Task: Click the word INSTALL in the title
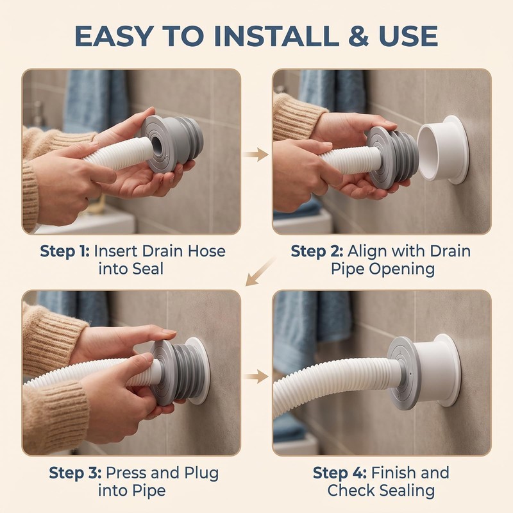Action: coord(277,36)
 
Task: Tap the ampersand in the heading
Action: coord(358,36)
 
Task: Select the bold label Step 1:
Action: coord(65,251)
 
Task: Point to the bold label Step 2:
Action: coord(317,251)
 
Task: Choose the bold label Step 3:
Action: coord(75,473)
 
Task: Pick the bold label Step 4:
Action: coord(340,473)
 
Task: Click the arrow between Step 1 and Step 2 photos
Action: coord(255,154)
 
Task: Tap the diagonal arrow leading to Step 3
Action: coord(260,272)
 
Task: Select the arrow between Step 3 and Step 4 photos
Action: coord(255,376)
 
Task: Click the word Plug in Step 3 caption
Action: coord(201,473)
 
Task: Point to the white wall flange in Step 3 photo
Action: coord(198,371)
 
